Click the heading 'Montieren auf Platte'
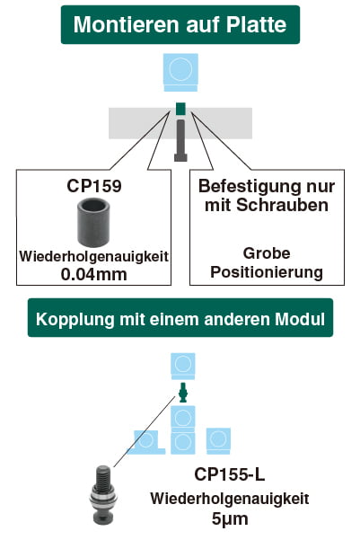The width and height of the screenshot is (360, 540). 180,24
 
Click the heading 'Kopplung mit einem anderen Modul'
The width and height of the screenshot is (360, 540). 180,319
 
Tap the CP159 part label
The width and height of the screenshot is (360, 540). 94,186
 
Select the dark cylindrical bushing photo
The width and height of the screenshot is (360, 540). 93,222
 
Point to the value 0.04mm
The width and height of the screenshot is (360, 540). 94,274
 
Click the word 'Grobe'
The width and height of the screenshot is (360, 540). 267,253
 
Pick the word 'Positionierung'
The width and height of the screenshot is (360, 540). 267,272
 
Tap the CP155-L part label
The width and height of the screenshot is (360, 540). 230,474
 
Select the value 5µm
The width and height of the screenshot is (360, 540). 230,518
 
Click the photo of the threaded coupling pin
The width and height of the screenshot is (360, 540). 103,494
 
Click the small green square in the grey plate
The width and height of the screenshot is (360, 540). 180,109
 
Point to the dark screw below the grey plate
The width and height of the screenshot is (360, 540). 180,140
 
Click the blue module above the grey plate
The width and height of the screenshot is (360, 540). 180,72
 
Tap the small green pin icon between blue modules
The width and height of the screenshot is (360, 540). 183,393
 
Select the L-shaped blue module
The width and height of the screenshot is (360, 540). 146,442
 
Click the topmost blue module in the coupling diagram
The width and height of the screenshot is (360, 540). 183,366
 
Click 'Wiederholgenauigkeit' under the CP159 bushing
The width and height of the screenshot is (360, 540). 94,257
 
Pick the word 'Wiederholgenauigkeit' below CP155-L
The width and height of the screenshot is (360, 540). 230,499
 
